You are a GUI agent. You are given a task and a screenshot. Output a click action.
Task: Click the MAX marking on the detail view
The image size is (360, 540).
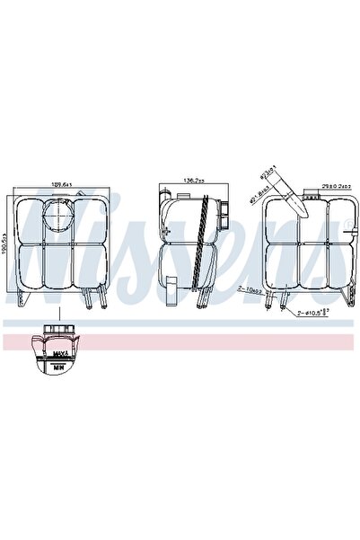pos(59,357)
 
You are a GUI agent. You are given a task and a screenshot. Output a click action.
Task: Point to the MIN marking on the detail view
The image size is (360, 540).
pos(59,367)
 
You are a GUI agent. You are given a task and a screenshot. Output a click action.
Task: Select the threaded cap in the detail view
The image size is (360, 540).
pos(58,334)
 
